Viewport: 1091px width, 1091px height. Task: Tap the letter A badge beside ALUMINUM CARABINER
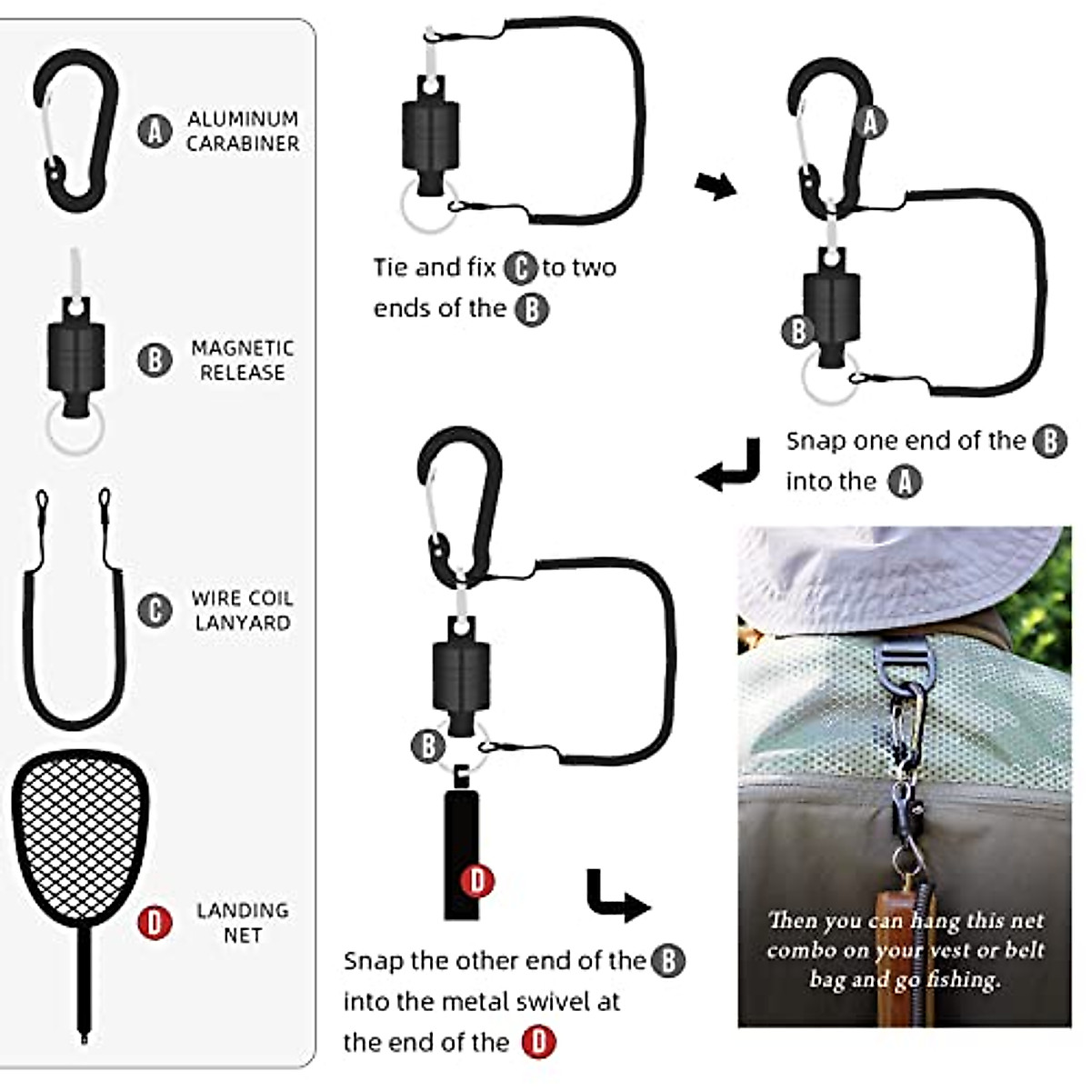(155, 131)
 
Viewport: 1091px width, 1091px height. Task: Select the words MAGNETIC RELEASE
(242, 360)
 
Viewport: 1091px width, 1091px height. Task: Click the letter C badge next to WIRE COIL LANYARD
(155, 610)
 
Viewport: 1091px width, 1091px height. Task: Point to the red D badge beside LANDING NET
(155, 923)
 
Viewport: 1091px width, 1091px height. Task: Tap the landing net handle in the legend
(85, 982)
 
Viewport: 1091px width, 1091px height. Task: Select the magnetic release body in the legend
(76, 355)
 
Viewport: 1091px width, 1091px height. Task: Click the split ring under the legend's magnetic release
(75, 429)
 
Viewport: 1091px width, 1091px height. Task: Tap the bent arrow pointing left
(727, 465)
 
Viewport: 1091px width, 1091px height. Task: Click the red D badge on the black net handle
(477, 880)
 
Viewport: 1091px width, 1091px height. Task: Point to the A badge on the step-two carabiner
(870, 121)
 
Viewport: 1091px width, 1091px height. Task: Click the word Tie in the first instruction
(392, 267)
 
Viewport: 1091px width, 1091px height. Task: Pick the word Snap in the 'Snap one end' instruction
(816, 441)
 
